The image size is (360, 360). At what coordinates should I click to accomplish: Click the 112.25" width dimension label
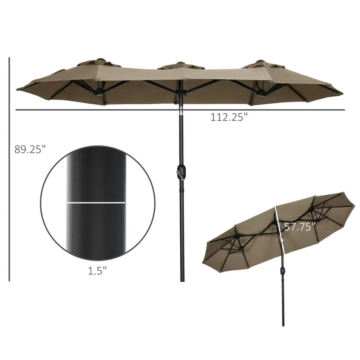(229, 117)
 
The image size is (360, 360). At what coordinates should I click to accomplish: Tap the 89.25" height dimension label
(30, 149)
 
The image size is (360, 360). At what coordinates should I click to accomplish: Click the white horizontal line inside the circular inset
(96, 203)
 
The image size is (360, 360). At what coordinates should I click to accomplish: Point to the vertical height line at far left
(9, 169)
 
